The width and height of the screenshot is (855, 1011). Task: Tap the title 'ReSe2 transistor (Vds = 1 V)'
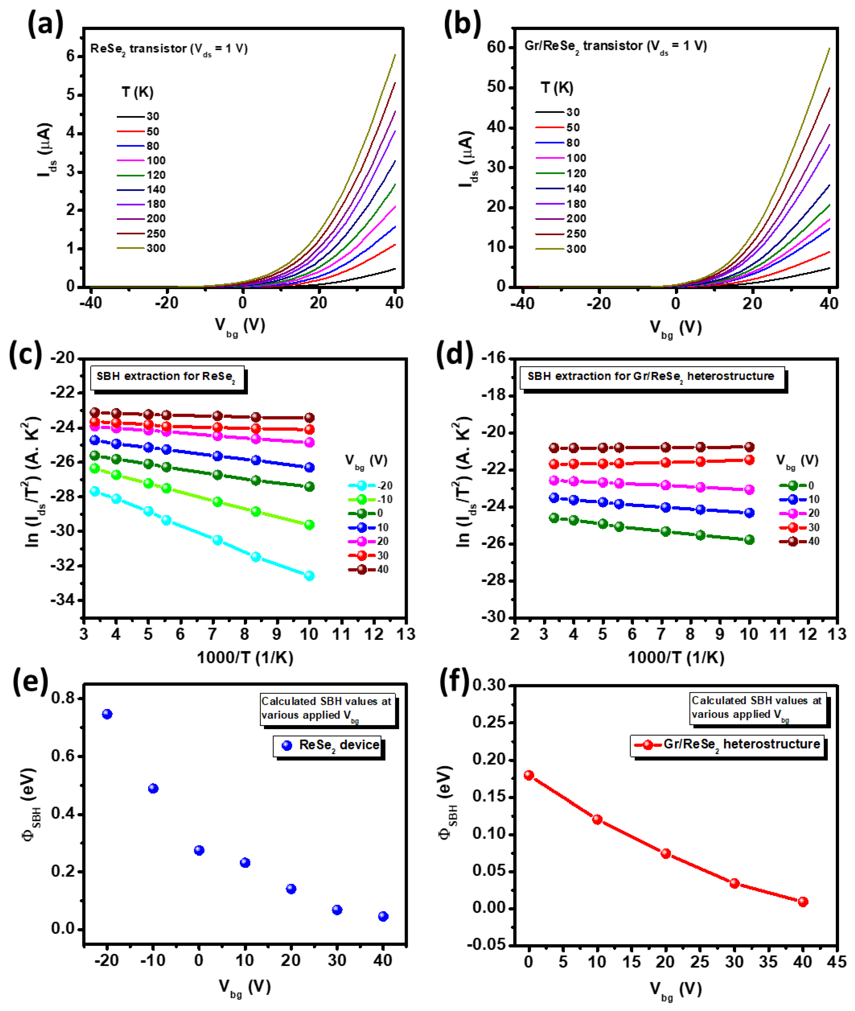(169, 49)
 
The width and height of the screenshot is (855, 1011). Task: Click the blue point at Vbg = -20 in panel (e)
(107, 714)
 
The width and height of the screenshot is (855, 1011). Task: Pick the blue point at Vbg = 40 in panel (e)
(383, 916)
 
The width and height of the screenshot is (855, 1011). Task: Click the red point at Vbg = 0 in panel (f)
(529, 775)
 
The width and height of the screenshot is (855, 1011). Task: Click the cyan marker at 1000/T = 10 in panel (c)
(309, 576)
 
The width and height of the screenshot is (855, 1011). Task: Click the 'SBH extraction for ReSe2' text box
(166, 377)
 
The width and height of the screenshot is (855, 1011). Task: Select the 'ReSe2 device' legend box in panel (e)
(328, 746)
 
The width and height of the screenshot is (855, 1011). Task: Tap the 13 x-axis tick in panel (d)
(837, 634)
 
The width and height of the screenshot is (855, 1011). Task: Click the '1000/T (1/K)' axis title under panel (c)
(245, 658)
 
